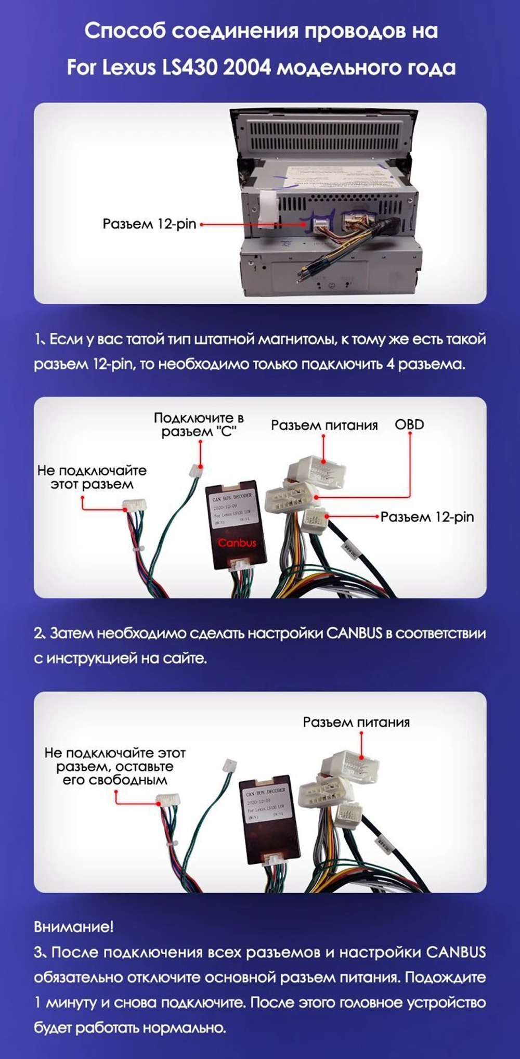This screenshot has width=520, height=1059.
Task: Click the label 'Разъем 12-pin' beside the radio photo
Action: [x=149, y=224]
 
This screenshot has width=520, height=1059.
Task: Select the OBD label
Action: [x=409, y=424]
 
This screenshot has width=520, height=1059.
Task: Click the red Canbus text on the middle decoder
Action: [x=237, y=543]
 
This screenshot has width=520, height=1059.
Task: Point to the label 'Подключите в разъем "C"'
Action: [x=199, y=425]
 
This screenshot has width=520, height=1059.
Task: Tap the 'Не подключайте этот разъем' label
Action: [x=92, y=477]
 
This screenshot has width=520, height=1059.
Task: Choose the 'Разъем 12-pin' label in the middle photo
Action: [x=427, y=517]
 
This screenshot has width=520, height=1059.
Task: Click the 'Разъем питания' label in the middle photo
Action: [x=324, y=425]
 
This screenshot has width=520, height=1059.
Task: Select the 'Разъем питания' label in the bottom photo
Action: [x=356, y=722]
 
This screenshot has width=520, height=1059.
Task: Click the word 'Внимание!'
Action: [x=73, y=926]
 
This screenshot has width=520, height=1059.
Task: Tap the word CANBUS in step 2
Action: [x=354, y=634]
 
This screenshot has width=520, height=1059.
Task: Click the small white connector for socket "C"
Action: [x=197, y=471]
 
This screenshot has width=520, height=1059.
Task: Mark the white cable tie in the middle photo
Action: [x=139, y=550]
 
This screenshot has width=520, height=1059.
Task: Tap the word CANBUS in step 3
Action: [x=456, y=952]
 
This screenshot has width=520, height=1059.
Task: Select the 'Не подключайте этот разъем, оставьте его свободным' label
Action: [x=115, y=766]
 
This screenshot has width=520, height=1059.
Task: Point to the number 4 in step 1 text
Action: [x=391, y=364]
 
